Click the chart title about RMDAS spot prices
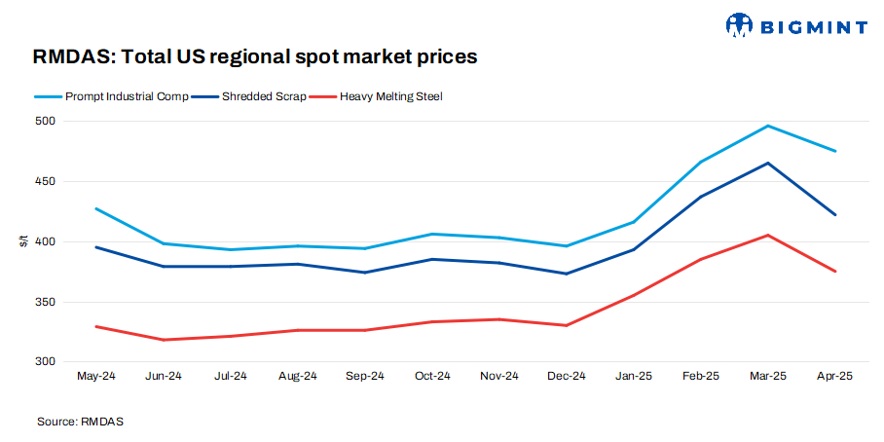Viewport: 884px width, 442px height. [255, 56]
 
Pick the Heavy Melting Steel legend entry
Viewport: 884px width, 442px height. [383, 96]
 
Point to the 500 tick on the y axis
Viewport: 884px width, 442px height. [48, 122]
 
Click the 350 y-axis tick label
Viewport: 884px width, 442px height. [48, 302]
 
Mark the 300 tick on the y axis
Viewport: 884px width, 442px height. [48, 362]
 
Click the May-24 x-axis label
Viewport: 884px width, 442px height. [95, 376]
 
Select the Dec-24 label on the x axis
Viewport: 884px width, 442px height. [566, 376]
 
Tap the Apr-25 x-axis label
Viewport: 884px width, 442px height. [834, 376]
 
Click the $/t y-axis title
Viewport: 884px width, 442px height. [23, 241]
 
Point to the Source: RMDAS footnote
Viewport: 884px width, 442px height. [81, 422]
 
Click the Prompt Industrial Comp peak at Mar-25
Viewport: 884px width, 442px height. [767, 126]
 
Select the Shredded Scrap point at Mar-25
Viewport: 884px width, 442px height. [767, 163]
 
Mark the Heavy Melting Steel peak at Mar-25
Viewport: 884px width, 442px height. [767, 235]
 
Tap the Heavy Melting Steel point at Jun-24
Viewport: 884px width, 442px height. [163, 340]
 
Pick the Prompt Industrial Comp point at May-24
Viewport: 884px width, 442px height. [95, 208]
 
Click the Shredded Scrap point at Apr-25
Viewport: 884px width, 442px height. [834, 215]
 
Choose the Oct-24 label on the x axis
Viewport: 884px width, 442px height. [431, 376]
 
